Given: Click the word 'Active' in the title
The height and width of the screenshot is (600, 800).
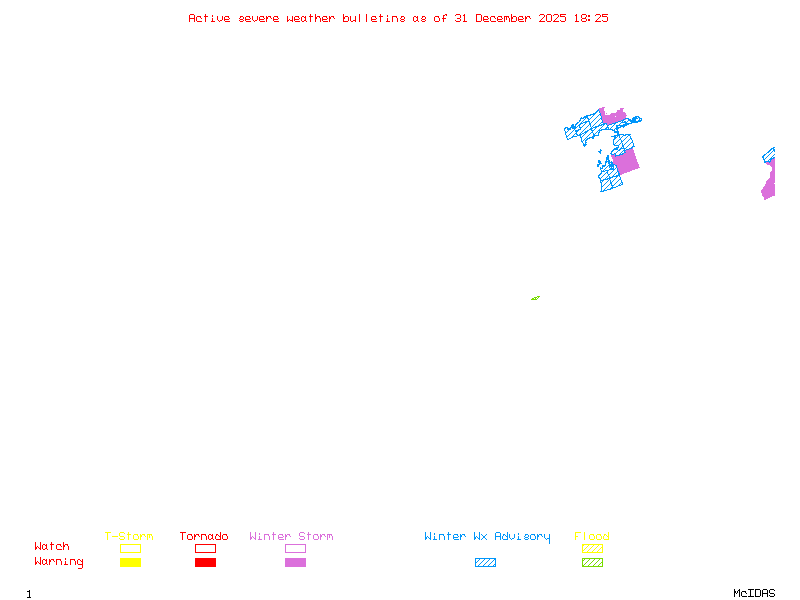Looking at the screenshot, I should pyautogui.click(x=209, y=18).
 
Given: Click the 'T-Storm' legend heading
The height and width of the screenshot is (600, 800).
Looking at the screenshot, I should pyautogui.click(x=129, y=536).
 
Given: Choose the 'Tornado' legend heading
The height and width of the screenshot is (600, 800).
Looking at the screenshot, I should pyautogui.click(x=204, y=536).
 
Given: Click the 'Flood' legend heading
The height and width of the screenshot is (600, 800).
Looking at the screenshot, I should pyautogui.click(x=592, y=536).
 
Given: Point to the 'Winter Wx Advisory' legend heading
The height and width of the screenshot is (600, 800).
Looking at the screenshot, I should pyautogui.click(x=487, y=536).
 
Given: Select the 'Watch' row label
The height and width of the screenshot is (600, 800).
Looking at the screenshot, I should pyautogui.click(x=52, y=547).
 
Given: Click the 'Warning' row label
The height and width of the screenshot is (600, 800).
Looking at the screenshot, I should pyautogui.click(x=58, y=562).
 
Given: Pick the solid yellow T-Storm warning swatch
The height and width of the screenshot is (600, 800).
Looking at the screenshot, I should pyautogui.click(x=130, y=562).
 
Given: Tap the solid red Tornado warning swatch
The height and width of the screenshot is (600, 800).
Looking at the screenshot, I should pyautogui.click(x=205, y=562).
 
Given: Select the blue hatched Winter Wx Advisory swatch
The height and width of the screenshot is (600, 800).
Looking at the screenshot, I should pyautogui.click(x=485, y=562).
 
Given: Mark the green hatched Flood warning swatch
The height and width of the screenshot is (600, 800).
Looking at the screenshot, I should pyautogui.click(x=592, y=562).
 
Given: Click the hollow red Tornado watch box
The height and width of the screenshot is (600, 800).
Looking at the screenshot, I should pyautogui.click(x=205, y=548).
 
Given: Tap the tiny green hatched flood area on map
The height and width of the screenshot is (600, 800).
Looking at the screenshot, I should pyautogui.click(x=535, y=298).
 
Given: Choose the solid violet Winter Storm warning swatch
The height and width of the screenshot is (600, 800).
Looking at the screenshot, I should pyautogui.click(x=295, y=562).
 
